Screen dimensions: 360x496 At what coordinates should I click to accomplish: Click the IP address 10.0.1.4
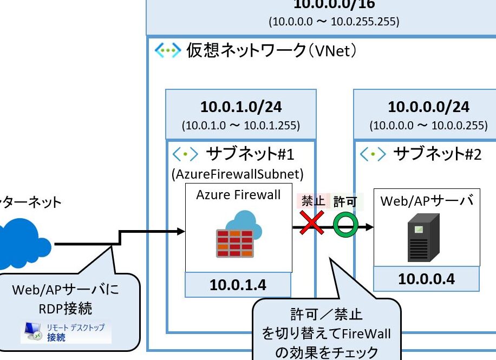point(238,285)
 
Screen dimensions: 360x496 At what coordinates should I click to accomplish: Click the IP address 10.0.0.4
point(426,279)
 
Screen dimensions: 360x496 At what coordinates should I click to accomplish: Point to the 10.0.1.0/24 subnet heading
point(240,107)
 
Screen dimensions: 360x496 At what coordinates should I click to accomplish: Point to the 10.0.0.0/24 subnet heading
point(428,107)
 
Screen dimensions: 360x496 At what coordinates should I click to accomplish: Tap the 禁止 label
point(312,201)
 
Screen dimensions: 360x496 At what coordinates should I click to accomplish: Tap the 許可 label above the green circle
point(345,202)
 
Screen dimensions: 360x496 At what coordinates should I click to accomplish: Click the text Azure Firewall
point(238,195)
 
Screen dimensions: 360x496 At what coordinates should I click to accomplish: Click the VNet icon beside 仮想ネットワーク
point(167,51)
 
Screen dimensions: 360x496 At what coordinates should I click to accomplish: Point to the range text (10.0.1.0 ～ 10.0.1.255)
point(240,126)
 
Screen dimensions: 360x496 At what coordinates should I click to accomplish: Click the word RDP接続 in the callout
point(65,309)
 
